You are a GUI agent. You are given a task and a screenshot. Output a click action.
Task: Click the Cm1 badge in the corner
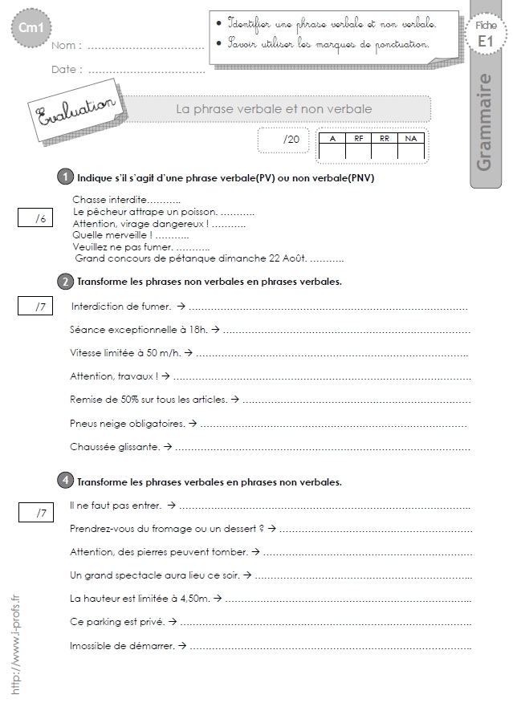click(28, 30)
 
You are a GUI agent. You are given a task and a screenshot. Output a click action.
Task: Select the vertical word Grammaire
click(483, 122)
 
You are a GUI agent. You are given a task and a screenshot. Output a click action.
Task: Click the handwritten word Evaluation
click(71, 113)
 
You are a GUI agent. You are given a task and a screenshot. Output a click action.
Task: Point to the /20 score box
click(285, 140)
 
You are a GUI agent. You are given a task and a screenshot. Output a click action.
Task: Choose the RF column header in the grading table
click(358, 138)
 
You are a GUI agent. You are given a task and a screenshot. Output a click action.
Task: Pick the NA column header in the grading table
click(411, 138)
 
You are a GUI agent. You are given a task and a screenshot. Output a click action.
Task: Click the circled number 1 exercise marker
click(65, 177)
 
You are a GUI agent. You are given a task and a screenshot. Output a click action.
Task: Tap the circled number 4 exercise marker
click(65, 481)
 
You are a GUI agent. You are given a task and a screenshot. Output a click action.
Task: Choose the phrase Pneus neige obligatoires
click(128, 422)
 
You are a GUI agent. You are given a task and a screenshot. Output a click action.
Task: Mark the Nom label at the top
click(66, 47)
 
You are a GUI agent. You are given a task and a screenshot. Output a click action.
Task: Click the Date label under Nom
click(67, 69)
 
